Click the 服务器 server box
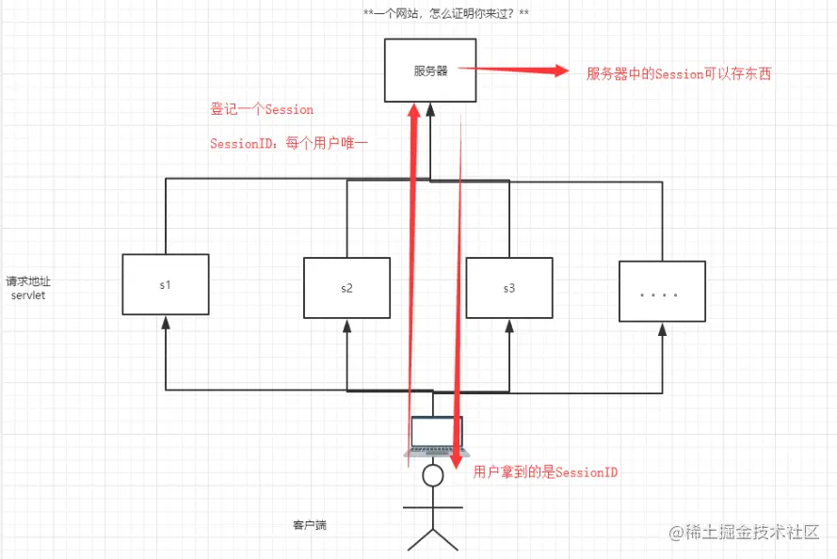pyautogui.click(x=431, y=71)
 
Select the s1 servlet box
pyautogui.click(x=166, y=284)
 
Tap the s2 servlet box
pyautogui.click(x=346, y=288)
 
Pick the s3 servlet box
pyautogui.click(x=508, y=288)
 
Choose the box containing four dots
pyautogui.click(x=662, y=292)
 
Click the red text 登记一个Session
pyautogui.click(x=262, y=109)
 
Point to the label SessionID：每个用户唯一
pyautogui.click(x=289, y=143)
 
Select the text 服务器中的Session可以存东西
pyautogui.click(x=679, y=73)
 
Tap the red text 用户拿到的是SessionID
pyautogui.click(x=546, y=471)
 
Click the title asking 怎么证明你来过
pyautogui.click(x=446, y=15)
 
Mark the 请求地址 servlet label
pyautogui.click(x=27, y=288)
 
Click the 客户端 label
pyautogui.click(x=310, y=524)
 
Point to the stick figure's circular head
pyautogui.click(x=432, y=476)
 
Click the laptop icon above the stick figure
pyautogui.click(x=432, y=435)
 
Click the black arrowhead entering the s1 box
pyautogui.click(x=166, y=322)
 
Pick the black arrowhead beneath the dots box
pyautogui.click(x=662, y=329)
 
